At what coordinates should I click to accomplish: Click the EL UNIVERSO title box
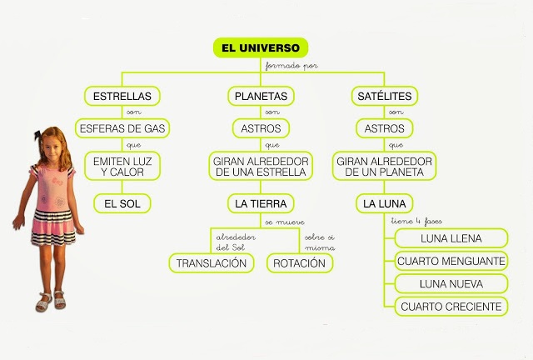(x=261, y=47)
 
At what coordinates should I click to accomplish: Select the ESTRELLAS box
(x=122, y=96)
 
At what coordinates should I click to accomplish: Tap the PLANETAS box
(x=261, y=96)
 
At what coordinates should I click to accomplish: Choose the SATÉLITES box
(x=384, y=96)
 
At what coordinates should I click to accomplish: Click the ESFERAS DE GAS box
(x=122, y=129)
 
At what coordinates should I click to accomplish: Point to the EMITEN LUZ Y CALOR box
(x=122, y=166)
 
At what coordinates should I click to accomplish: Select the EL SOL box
(x=122, y=202)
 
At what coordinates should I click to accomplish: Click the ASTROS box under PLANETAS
(x=261, y=129)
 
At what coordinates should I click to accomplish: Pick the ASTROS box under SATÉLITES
(x=385, y=129)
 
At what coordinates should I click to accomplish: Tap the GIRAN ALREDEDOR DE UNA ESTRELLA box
(x=261, y=166)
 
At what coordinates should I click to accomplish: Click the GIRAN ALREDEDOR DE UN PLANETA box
(x=385, y=166)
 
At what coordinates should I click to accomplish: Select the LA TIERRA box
(x=261, y=202)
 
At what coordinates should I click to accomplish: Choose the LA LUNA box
(x=384, y=202)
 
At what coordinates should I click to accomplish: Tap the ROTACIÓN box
(x=301, y=262)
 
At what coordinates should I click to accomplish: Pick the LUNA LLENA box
(x=451, y=239)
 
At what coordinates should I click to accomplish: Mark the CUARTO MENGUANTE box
(x=451, y=262)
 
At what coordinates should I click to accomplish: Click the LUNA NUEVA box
(x=451, y=284)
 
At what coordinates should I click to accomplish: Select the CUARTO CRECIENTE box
(x=451, y=307)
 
